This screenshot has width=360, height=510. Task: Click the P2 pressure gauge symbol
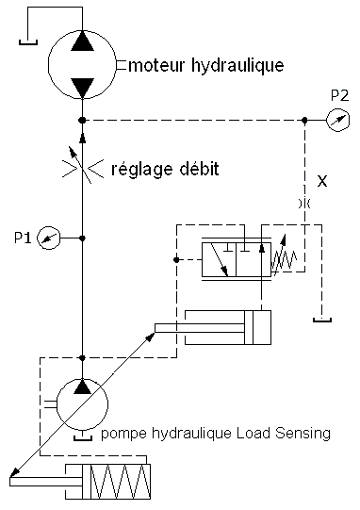click(x=338, y=120)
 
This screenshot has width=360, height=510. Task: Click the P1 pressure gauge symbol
click(x=49, y=238)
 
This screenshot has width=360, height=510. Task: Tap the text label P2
click(x=339, y=95)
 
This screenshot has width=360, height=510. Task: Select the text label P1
click(x=23, y=238)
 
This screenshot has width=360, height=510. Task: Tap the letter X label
click(x=322, y=181)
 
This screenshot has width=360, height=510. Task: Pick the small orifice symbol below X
click(x=304, y=204)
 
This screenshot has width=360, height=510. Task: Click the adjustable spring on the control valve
click(x=283, y=255)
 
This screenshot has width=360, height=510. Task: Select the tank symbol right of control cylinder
click(x=322, y=321)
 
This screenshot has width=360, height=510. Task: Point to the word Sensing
click(x=303, y=435)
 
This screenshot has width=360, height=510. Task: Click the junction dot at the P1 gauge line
click(x=82, y=239)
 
